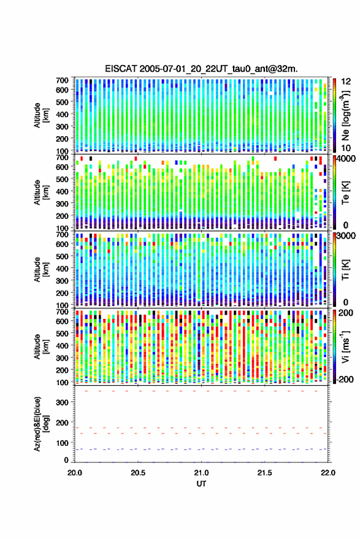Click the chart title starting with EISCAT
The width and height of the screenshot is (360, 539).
click(x=201, y=69)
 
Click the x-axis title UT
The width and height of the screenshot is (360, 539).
click(x=201, y=484)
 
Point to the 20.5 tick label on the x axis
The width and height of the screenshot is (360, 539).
click(x=138, y=473)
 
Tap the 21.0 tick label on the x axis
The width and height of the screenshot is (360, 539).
click(x=201, y=473)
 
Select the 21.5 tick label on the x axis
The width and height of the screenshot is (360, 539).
click(x=264, y=473)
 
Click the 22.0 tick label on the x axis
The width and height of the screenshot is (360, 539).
click(x=327, y=473)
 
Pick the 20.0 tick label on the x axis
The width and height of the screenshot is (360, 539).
click(x=75, y=473)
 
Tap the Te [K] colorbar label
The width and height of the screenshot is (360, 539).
click(x=345, y=193)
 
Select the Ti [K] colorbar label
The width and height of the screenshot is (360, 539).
click(x=345, y=270)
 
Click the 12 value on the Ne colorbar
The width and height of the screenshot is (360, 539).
click(x=346, y=82)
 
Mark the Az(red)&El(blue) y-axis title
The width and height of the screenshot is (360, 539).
click(x=41, y=424)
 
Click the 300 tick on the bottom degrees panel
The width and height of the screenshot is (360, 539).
click(x=62, y=402)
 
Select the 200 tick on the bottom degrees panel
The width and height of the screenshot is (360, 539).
click(x=62, y=422)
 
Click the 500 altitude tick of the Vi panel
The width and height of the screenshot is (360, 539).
click(x=62, y=334)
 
